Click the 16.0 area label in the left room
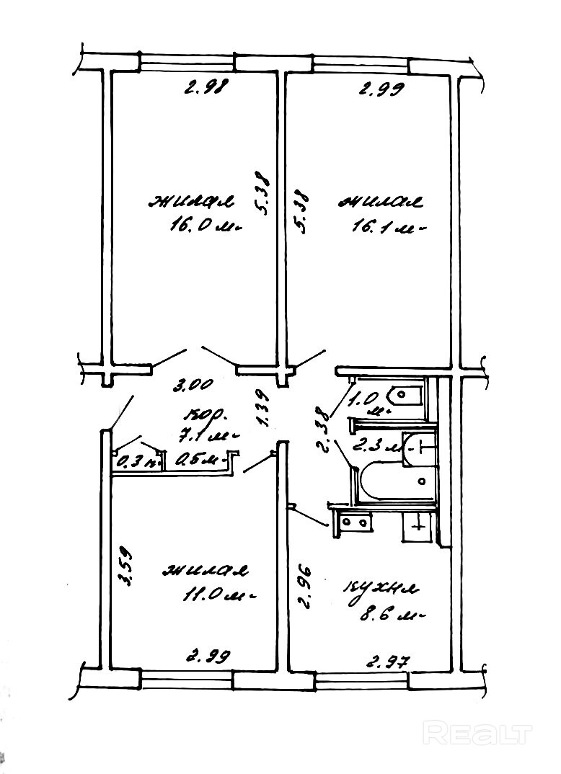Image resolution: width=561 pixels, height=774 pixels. pyautogui.click(x=193, y=226)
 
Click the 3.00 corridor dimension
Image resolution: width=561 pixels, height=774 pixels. pyautogui.click(x=191, y=385)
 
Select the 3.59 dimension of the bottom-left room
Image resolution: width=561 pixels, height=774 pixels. pyautogui.click(x=124, y=559)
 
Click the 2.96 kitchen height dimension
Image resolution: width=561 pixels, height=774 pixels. pyautogui.click(x=304, y=587)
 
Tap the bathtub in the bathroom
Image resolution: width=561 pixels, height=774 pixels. pyautogui.click(x=396, y=481)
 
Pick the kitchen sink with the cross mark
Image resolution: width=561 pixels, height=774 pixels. pyautogui.click(x=416, y=526)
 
